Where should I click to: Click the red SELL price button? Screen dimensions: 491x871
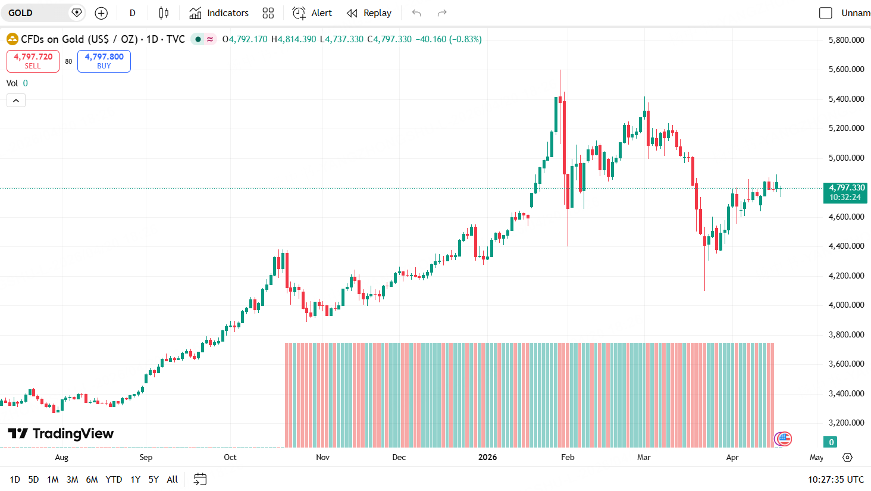coord(33,61)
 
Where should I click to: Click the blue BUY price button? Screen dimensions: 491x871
coord(104,61)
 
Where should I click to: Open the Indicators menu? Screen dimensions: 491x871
coord(219,13)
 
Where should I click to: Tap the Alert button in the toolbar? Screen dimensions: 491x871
coord(312,13)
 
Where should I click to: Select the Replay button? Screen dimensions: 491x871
coord(369,13)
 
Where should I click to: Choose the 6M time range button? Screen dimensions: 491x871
coord(92,479)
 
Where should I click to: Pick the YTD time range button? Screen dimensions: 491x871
coord(114,479)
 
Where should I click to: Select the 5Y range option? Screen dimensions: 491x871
coord(153,479)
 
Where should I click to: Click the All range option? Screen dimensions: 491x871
coord(173,479)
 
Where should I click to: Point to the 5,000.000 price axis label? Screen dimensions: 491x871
coord(846,158)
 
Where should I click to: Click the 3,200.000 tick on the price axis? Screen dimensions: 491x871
coord(846,423)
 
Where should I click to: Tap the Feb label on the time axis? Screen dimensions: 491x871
coord(568,457)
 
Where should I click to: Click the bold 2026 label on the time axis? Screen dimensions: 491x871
coord(487,457)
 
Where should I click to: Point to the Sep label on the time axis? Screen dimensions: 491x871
coord(146,457)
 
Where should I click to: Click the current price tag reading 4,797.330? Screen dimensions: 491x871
coord(845,192)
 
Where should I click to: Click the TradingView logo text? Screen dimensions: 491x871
coord(73,433)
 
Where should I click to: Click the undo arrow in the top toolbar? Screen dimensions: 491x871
coord(416,13)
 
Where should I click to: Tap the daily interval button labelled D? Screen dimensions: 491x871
coord(132,13)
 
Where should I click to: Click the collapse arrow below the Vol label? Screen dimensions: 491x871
coord(16,101)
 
